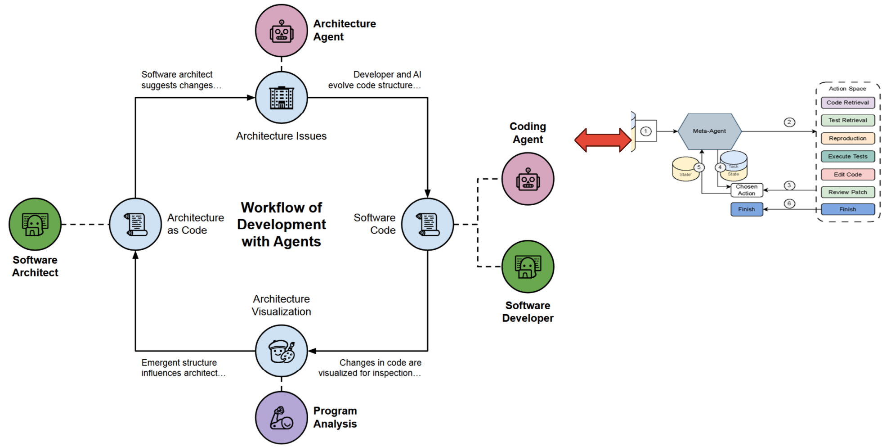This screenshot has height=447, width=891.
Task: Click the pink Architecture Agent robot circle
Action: [281, 31]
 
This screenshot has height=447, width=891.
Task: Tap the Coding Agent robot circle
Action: [528, 179]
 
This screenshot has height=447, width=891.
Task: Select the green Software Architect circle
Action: [35, 224]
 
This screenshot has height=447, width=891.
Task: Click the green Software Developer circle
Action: [528, 266]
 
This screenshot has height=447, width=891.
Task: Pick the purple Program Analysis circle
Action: [281, 417]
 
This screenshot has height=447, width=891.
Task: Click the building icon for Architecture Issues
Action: [281, 97]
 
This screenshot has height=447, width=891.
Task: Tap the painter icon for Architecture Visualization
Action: [281, 351]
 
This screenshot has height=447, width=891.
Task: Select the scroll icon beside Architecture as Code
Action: [135, 224]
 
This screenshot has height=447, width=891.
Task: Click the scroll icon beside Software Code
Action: [427, 224]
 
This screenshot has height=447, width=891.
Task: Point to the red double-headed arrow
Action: [603, 140]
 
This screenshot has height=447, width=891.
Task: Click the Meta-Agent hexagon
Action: [709, 131]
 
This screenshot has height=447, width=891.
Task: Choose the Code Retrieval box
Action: [847, 103]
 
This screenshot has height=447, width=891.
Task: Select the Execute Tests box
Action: [847, 156]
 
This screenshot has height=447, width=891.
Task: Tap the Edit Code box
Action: [847, 174]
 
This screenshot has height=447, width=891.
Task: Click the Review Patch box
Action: [847, 192]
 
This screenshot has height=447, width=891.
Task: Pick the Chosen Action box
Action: [746, 190]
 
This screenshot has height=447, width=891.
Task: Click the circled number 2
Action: [789, 122]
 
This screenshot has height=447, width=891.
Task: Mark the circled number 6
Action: [789, 203]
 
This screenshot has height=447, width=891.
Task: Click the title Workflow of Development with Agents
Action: [281, 224]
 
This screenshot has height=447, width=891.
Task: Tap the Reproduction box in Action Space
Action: [847, 138]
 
